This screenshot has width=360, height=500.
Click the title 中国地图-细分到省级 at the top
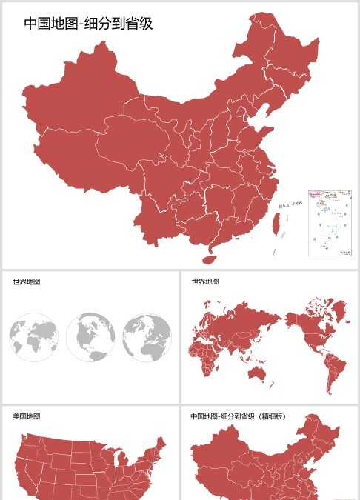(88, 23)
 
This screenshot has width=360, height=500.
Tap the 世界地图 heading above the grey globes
(27, 281)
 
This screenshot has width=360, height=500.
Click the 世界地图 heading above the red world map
(205, 281)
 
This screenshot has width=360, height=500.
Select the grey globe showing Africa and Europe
(34, 337)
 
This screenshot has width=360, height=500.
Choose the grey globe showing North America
(90, 337)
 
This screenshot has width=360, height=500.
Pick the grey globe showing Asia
(147, 337)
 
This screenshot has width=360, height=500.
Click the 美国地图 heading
(27, 417)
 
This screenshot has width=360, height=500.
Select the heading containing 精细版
(238, 417)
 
